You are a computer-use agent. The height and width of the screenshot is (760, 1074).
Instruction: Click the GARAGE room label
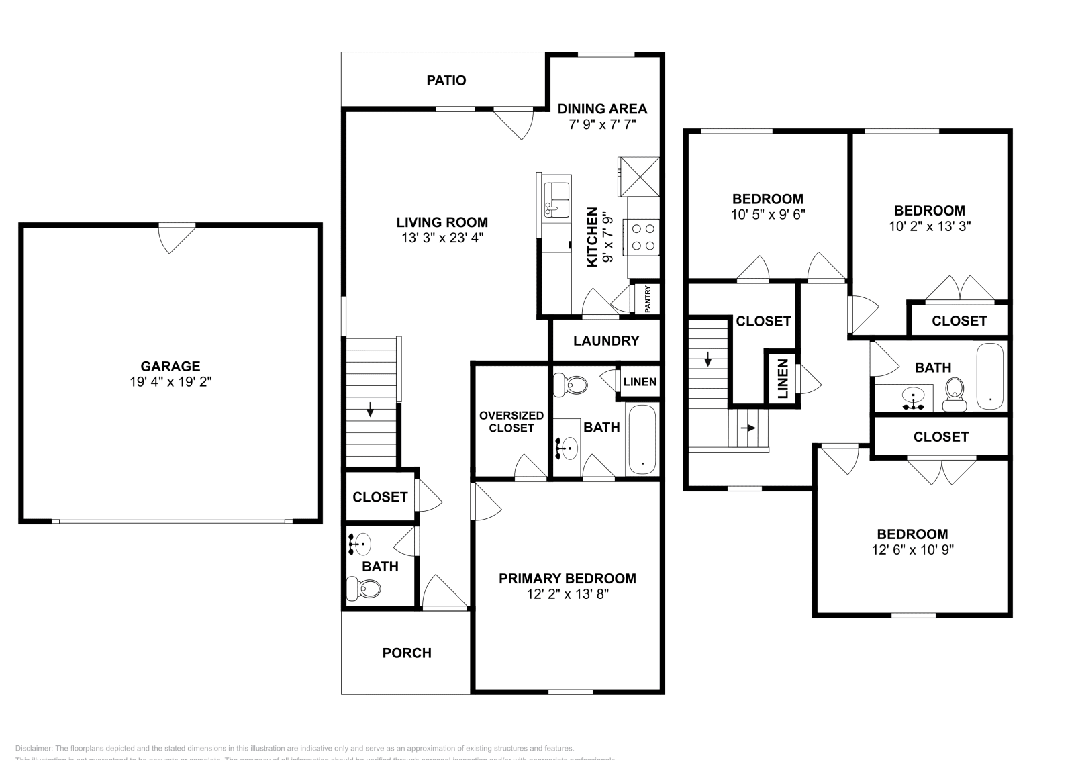pos(170,366)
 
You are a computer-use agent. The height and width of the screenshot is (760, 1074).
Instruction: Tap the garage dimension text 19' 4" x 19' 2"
pos(170,381)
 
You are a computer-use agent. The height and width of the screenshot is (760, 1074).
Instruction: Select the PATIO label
pos(446,81)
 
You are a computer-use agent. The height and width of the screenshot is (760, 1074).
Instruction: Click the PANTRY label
pos(648,299)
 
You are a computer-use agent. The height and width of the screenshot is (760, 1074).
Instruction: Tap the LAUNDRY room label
pos(606,341)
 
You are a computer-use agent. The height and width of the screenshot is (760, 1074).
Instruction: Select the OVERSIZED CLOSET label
pos(511,422)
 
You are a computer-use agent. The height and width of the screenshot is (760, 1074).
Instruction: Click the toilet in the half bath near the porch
pos(363,589)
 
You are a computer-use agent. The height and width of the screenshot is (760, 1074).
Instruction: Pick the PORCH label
pos(407,653)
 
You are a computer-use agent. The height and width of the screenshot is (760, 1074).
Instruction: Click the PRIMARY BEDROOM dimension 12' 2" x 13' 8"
pos(567,594)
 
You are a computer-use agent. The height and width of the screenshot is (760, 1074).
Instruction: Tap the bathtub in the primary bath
pos(642,440)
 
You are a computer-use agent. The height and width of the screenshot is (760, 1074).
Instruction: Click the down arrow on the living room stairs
pos(370,409)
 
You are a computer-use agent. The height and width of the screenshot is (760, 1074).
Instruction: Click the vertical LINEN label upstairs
pos(783,379)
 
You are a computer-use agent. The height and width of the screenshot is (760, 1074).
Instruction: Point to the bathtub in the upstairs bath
pos(989,376)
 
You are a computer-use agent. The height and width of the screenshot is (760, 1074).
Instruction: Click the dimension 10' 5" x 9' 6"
pos(767,215)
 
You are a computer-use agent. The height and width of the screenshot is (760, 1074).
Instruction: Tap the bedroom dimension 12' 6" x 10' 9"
pos(912,550)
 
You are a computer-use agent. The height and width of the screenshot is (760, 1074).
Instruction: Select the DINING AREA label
pos(602,109)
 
